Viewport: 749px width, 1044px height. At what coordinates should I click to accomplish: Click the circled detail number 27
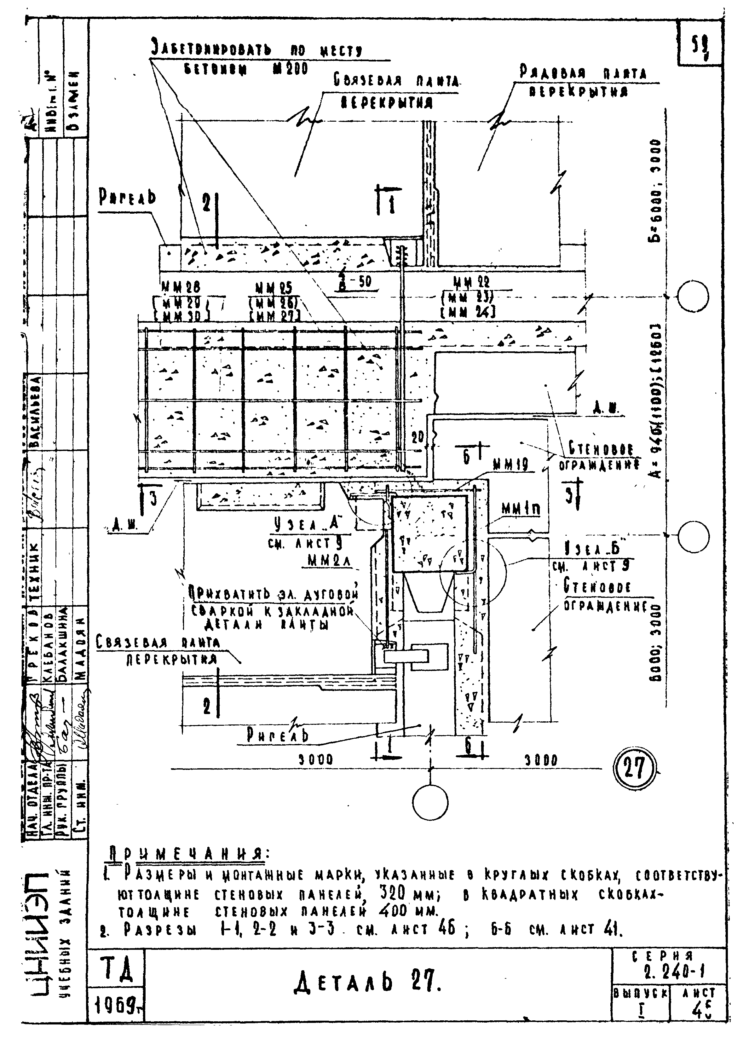tap(634, 769)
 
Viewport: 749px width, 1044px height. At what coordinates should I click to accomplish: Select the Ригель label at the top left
tap(127, 198)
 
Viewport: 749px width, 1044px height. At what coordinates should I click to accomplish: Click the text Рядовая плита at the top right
tap(583, 73)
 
